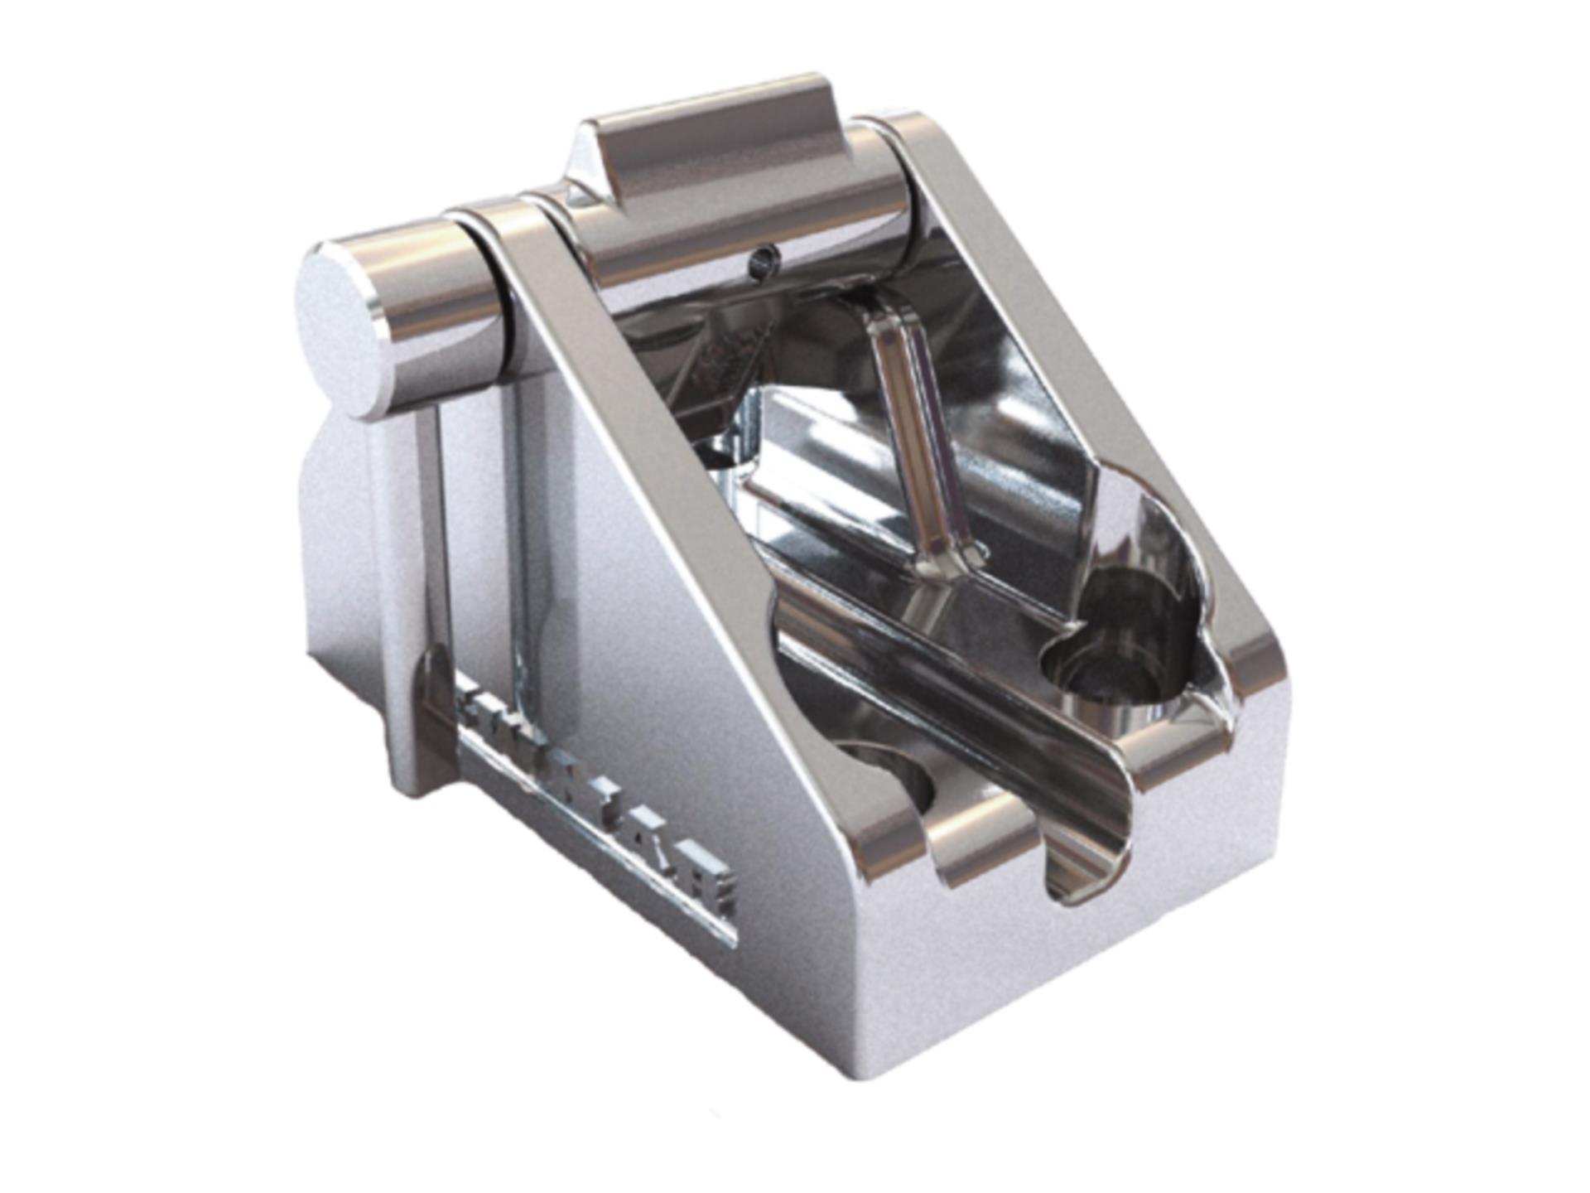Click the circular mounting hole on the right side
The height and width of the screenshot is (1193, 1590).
[x=1110, y=663]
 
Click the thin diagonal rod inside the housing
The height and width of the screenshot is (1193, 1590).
[x=919, y=431]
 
